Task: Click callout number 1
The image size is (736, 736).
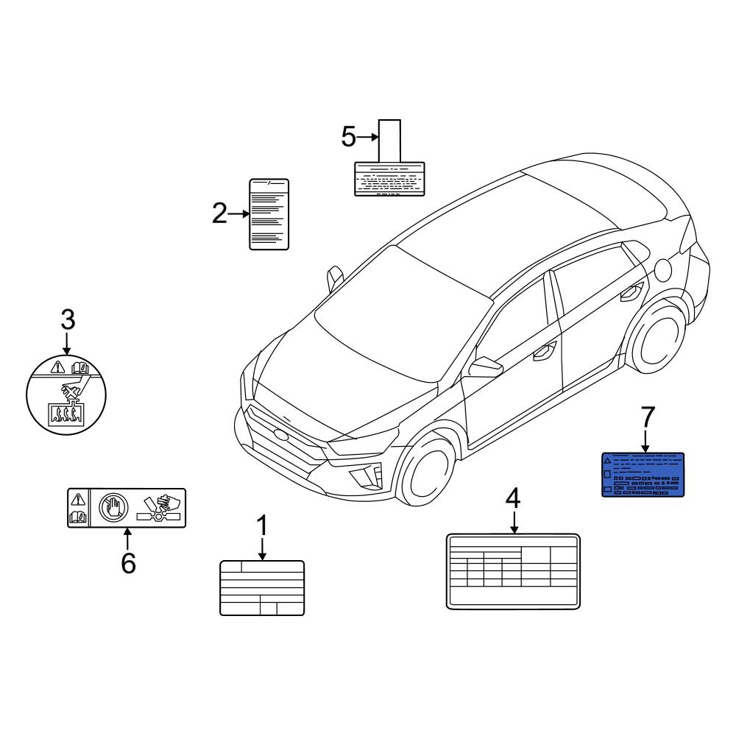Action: tap(262, 527)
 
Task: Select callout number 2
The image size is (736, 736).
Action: tap(219, 214)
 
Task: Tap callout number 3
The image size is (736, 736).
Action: tap(67, 320)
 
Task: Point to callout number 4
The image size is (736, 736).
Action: tap(513, 498)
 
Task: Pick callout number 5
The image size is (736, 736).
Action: tap(349, 137)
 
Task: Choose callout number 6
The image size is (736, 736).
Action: tap(128, 563)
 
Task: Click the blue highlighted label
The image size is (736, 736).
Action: tap(643, 475)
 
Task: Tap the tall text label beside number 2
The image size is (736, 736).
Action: tap(269, 214)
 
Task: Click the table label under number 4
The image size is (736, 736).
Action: tap(513, 572)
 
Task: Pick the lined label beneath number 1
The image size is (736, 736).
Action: tap(262, 587)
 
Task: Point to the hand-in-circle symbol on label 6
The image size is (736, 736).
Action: tap(114, 508)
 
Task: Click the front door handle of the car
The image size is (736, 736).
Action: tap(545, 351)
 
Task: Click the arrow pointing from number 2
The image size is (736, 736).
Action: tap(239, 214)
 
